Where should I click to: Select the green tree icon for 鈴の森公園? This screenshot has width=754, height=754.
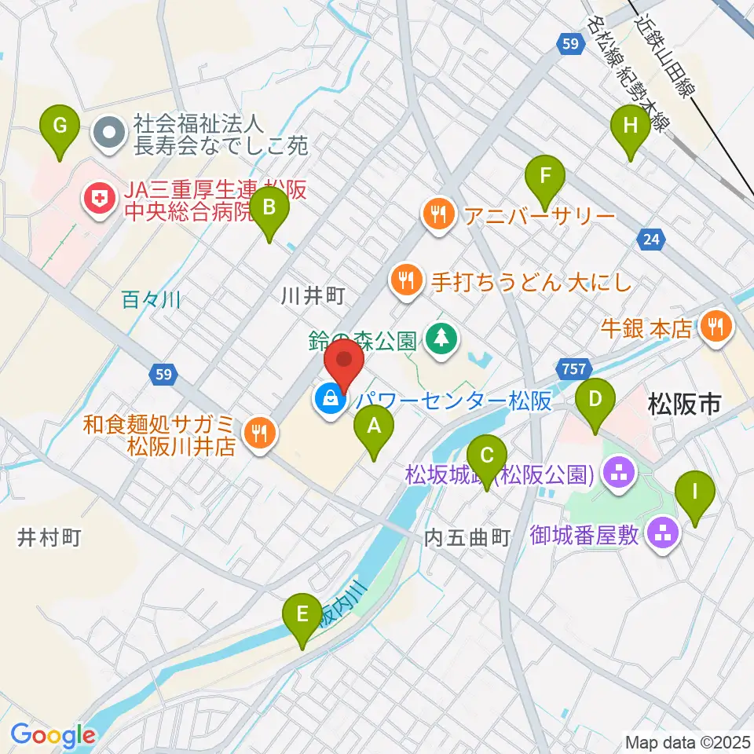point(441,339)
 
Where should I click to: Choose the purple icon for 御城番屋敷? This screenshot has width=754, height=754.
point(664,536)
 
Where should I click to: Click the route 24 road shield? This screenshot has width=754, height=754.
point(650,240)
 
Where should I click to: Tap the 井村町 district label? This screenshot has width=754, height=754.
point(49,537)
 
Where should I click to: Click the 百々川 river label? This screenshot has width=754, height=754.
point(152,299)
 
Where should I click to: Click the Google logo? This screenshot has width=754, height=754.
point(53,735)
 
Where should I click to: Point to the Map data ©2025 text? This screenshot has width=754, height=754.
point(686,741)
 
